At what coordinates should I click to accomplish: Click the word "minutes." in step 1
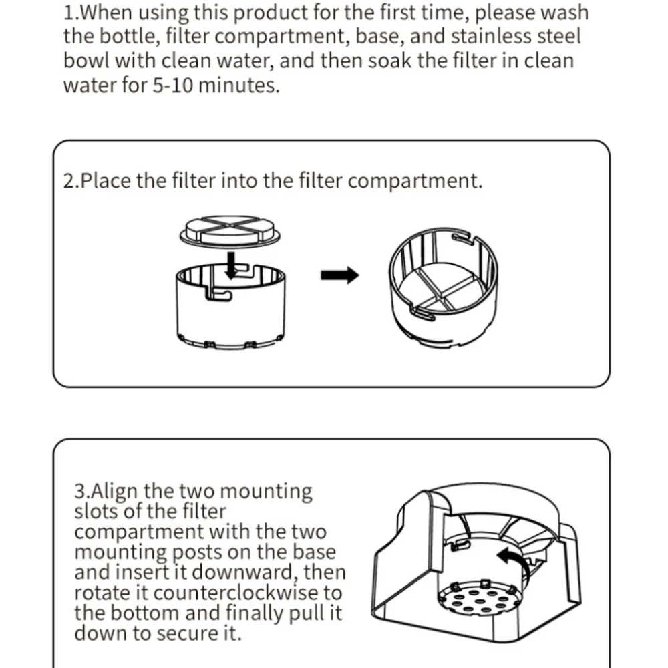(x=239, y=86)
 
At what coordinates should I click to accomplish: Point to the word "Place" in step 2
(x=106, y=180)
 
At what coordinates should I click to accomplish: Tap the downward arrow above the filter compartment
(x=231, y=265)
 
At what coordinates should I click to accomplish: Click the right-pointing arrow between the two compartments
(x=339, y=275)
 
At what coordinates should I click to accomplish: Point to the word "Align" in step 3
(x=114, y=492)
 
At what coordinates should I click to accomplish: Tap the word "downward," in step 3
(x=245, y=572)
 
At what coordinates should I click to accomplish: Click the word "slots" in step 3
(x=96, y=511)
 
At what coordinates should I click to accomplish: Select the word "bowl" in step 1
(x=86, y=61)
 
